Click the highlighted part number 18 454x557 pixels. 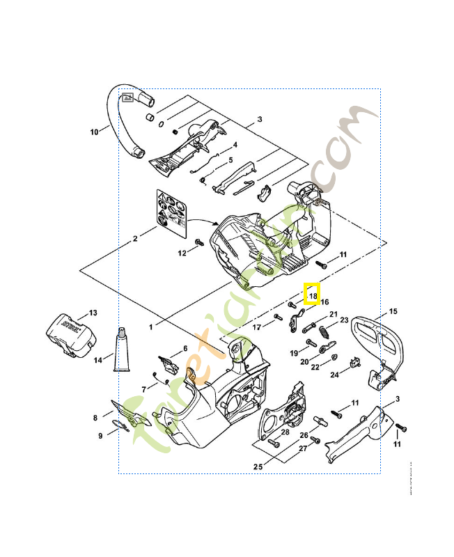pyautogui.click(x=313, y=295)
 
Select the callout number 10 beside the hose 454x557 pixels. pyautogui.click(x=95, y=130)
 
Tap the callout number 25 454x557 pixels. pyautogui.click(x=258, y=466)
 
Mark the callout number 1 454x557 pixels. pyautogui.click(x=151, y=325)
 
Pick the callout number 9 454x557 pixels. pyautogui.click(x=100, y=436)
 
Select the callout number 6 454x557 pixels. pyautogui.click(x=185, y=348)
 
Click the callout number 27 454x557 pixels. pyautogui.click(x=303, y=448)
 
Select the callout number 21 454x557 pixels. pyautogui.click(x=333, y=314)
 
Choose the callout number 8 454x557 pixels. pyautogui.click(x=95, y=418)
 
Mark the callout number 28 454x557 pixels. pyautogui.click(x=285, y=432)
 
